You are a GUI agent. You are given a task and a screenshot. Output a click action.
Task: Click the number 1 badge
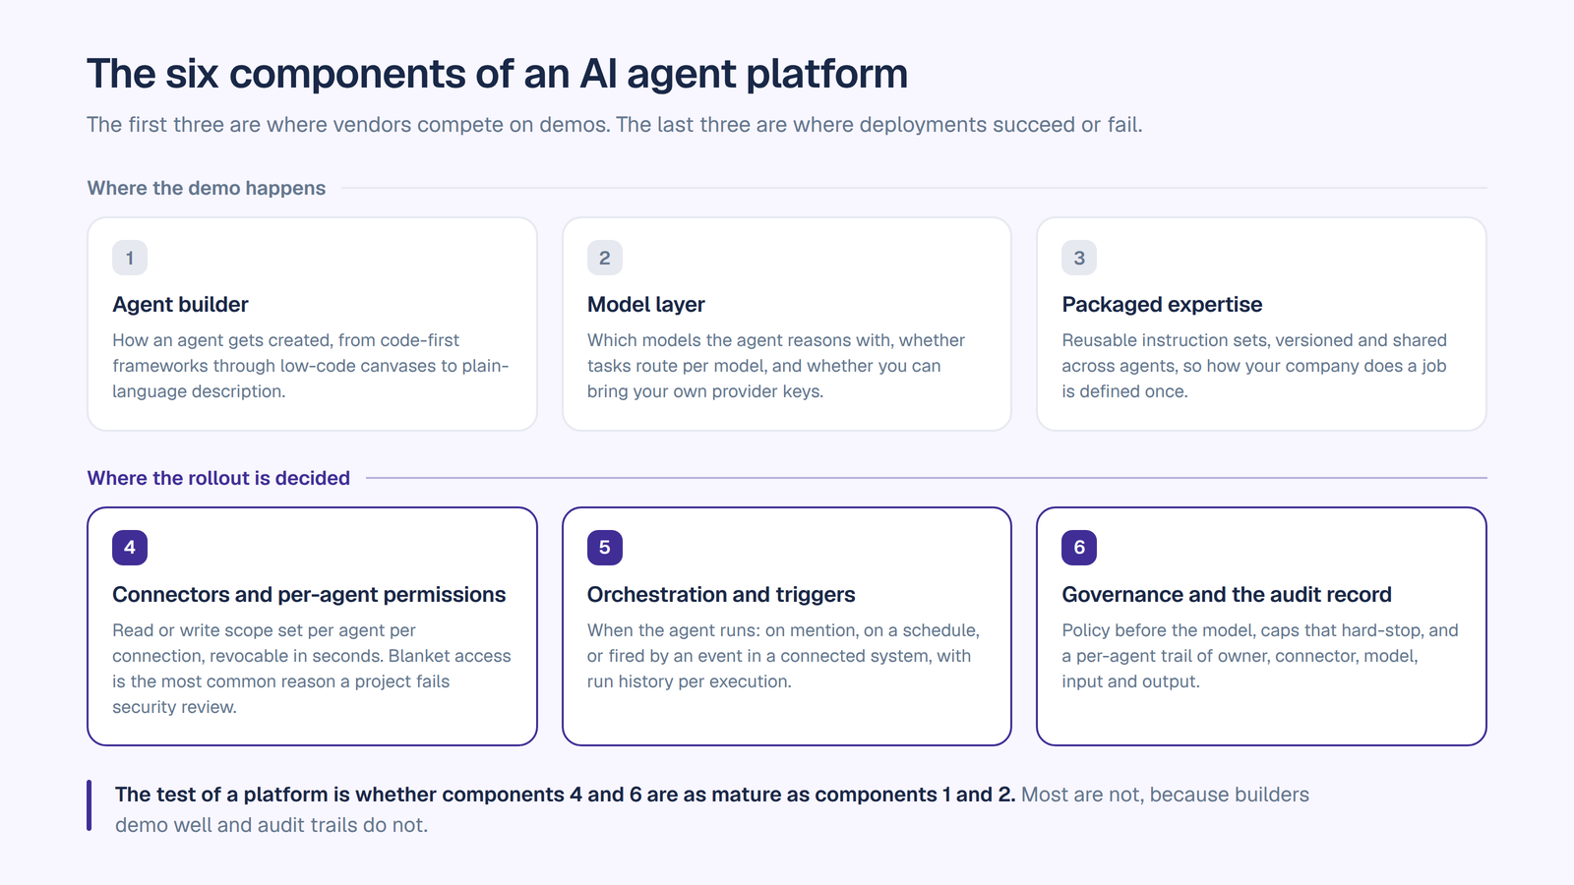[x=129, y=258]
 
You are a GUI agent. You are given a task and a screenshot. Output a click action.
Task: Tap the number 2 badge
[x=604, y=258]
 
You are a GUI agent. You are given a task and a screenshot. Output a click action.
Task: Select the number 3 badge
[x=1078, y=258]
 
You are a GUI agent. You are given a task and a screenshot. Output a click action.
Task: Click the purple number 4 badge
[x=129, y=547]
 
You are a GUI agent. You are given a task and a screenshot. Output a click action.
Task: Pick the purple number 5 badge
[x=604, y=547]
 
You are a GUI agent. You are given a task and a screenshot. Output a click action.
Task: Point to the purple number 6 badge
[x=1078, y=547]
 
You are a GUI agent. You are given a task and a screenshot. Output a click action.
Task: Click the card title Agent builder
[x=180, y=304]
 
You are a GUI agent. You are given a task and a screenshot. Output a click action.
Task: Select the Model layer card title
[x=645, y=304]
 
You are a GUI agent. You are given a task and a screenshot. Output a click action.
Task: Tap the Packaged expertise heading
[x=1162, y=304]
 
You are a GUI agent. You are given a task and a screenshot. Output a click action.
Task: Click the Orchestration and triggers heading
[x=721, y=594]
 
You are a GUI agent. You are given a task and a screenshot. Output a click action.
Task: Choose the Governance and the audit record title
[x=1226, y=594]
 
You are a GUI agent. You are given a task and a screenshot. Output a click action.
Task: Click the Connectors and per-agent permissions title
[x=309, y=594]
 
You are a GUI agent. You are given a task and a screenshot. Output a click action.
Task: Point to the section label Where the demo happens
[x=206, y=188]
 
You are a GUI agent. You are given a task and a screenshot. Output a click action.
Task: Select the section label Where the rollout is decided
[x=217, y=478]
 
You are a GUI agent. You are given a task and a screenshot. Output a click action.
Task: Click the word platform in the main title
[x=826, y=74]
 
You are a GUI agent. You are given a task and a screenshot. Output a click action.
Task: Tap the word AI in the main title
[x=598, y=73]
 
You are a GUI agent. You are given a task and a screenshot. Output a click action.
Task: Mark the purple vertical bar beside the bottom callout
[x=90, y=805]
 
